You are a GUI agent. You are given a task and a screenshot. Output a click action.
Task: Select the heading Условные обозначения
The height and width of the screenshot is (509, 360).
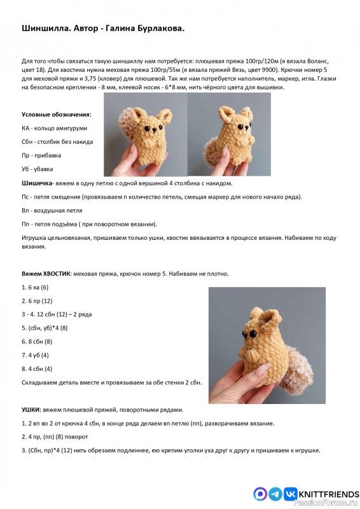click(56, 115)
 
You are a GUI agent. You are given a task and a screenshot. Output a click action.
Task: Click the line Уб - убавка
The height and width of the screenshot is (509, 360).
click(38, 169)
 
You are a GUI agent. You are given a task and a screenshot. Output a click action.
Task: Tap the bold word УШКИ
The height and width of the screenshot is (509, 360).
click(32, 409)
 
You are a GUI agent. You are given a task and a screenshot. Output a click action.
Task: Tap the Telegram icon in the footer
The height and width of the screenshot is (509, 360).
click(275, 493)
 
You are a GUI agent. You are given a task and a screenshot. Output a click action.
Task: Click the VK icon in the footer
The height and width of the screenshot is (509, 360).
click(290, 493)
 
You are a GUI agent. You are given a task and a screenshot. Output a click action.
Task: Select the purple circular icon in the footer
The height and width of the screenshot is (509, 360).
click(260, 493)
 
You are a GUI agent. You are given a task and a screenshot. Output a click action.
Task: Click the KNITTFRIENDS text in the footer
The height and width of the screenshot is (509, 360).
click(328, 493)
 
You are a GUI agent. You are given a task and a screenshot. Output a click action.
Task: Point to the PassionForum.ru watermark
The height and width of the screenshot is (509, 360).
click(335, 505)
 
